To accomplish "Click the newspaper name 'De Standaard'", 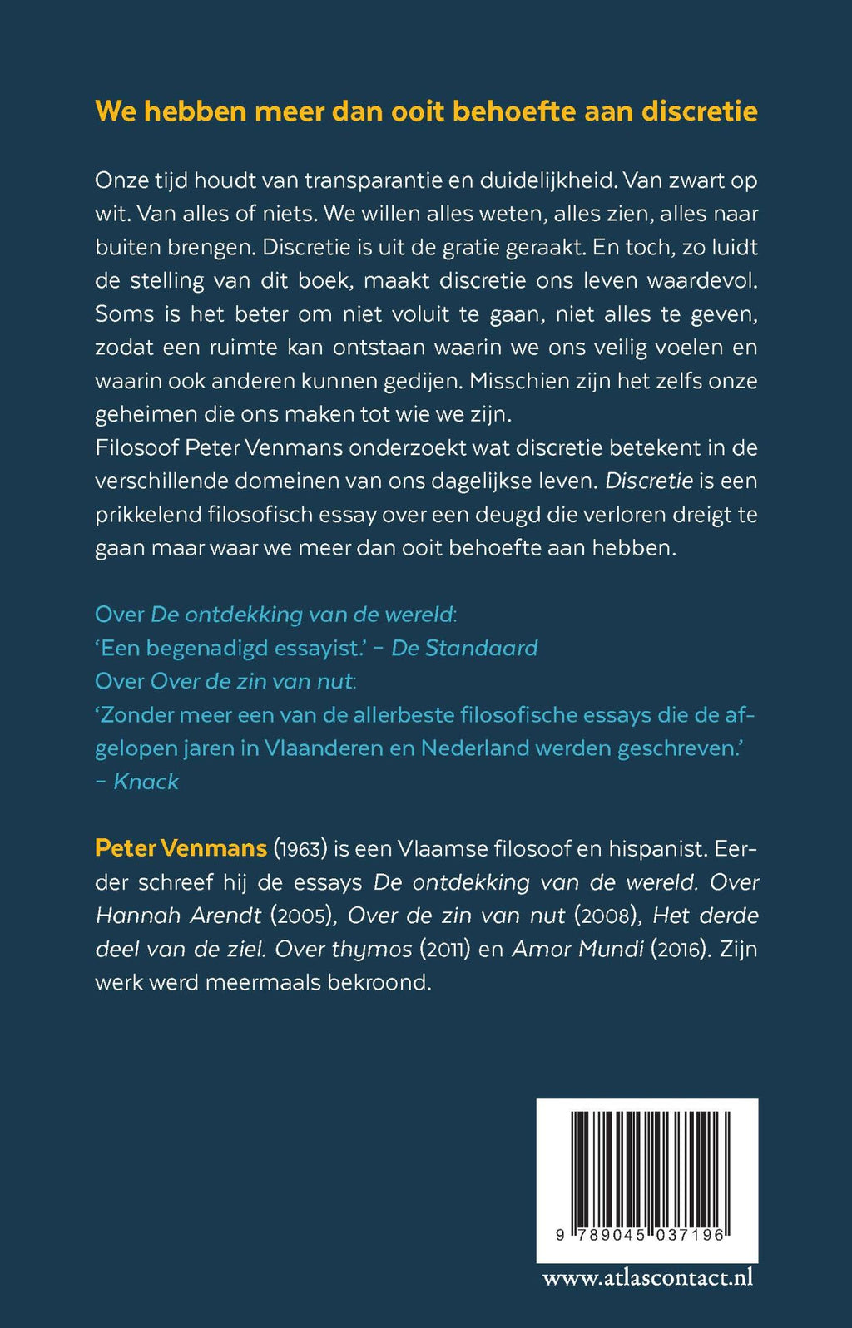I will (464, 649).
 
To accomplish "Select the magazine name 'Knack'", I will (146, 782).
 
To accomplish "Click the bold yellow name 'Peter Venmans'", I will (181, 848).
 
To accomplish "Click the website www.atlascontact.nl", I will (647, 1277).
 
